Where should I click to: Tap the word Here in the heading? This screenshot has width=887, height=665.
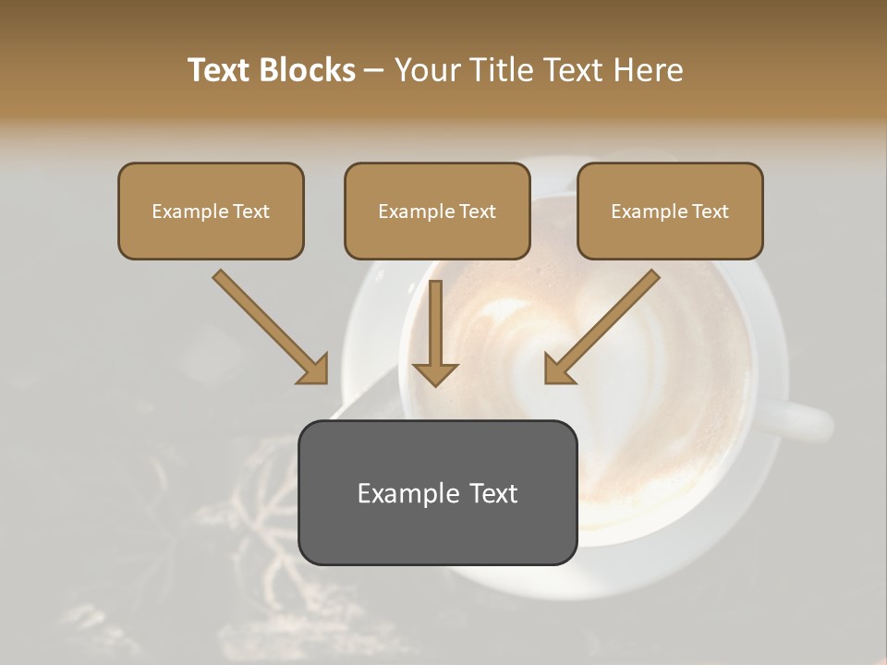point(647,70)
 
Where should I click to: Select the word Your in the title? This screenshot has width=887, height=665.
point(425,70)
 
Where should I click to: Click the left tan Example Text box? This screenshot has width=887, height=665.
point(211,211)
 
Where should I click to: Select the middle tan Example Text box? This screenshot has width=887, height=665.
point(437,211)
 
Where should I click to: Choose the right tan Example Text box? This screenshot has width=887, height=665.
point(670,211)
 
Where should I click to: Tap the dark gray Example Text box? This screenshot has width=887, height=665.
point(437,492)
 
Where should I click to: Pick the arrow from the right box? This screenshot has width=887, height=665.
point(604,323)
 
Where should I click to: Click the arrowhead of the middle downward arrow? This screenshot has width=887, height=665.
point(435,372)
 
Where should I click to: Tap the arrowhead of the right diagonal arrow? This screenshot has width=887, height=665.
point(560,369)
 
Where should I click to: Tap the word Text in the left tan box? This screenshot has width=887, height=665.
point(250,212)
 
